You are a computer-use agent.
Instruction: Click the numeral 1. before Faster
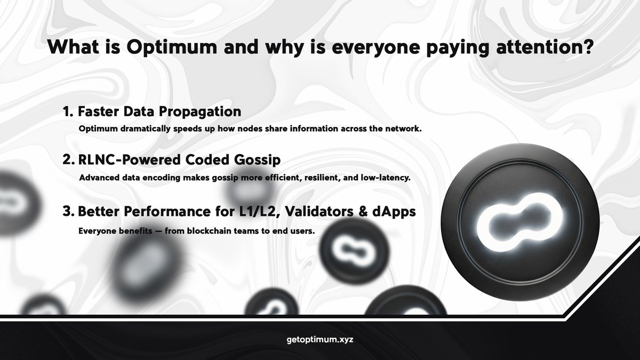(x=67, y=111)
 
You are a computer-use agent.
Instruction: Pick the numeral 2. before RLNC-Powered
(x=68, y=159)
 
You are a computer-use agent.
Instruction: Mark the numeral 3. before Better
(x=68, y=211)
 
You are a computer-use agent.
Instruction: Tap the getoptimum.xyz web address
(x=320, y=339)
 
